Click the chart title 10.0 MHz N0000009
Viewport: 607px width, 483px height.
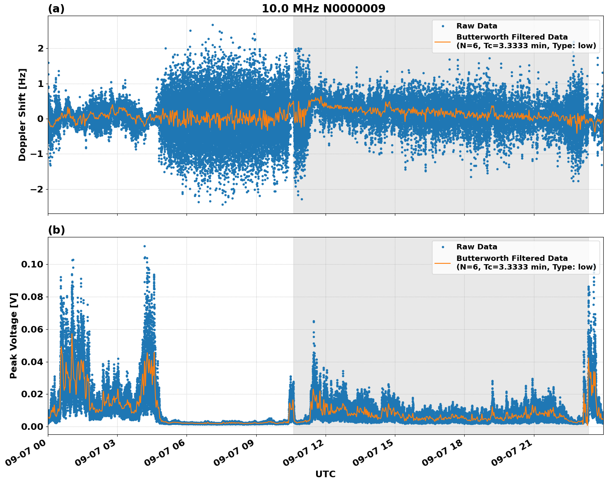click(323, 9)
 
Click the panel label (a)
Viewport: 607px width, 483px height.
click(56, 9)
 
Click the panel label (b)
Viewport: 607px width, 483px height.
click(56, 230)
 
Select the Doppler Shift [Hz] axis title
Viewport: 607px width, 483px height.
click(22, 115)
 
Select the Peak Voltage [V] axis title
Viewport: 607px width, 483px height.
click(14, 335)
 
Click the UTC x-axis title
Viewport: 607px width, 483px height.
click(325, 474)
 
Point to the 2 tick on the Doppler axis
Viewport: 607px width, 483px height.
click(40, 49)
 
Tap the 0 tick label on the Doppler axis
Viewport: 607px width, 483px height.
click(40, 119)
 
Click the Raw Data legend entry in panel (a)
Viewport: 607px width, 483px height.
click(477, 26)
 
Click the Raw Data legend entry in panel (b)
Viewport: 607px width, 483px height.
click(477, 247)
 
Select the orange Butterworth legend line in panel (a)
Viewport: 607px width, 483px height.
click(443, 42)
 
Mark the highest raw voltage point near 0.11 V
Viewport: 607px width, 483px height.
click(144, 246)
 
